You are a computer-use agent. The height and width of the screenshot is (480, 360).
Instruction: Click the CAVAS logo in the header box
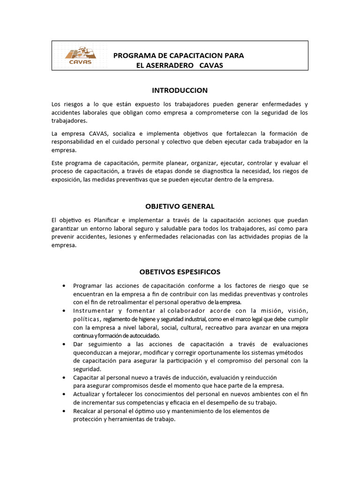tap(81, 56)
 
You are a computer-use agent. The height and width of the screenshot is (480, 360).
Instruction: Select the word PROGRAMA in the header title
tap(133, 55)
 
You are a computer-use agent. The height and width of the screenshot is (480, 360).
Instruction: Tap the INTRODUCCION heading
tap(180, 90)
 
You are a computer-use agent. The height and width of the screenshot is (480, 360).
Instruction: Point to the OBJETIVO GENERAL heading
tap(180, 206)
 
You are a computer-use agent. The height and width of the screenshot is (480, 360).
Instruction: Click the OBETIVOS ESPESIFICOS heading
tap(180, 272)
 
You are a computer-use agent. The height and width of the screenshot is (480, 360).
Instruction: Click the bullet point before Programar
tap(63, 286)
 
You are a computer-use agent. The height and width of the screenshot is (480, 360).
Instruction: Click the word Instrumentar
tap(93, 311)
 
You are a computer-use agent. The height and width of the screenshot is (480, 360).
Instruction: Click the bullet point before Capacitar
tap(63, 377)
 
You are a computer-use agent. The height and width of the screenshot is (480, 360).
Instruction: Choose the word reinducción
tap(260, 377)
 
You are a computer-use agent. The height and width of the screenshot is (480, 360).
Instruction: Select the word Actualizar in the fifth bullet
tap(88, 394)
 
